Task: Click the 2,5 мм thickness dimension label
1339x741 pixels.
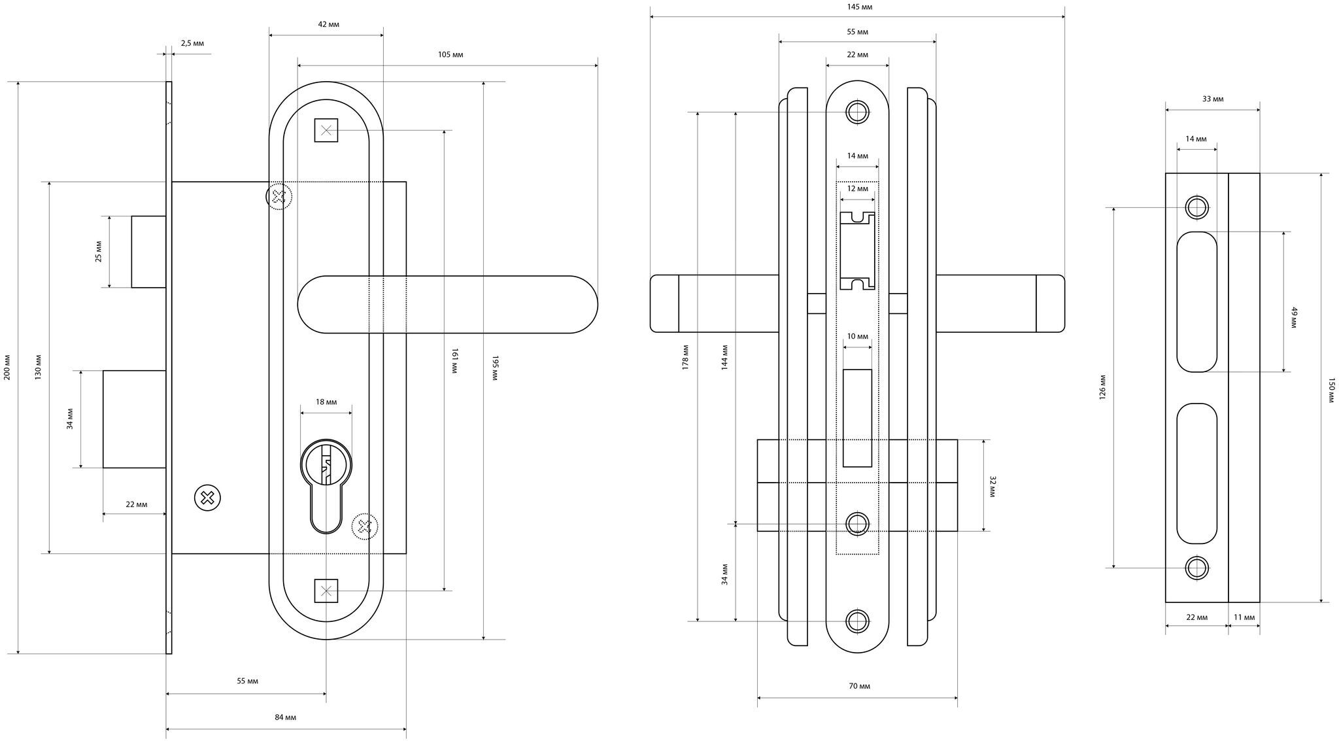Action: point(192,43)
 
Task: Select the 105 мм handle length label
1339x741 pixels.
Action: point(450,54)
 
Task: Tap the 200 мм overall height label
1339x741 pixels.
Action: point(7,367)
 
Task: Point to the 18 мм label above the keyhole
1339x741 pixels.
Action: point(326,402)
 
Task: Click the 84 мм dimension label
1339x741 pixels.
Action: point(286,717)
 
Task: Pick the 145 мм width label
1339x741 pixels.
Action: point(858,7)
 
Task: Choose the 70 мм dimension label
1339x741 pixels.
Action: point(859,686)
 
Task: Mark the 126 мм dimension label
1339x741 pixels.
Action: point(1103,387)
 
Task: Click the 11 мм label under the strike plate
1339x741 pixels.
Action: point(1244,617)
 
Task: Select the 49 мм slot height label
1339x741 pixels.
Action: point(1294,318)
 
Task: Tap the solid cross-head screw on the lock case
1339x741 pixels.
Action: point(208,499)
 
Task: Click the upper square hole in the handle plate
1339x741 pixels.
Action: point(326,130)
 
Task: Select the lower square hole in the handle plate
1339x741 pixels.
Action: point(326,591)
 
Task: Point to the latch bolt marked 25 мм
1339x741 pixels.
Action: point(148,251)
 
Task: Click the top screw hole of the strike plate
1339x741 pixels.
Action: point(1197,208)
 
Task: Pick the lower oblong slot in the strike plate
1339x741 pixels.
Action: point(1197,473)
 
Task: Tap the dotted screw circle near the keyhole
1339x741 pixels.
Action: point(365,526)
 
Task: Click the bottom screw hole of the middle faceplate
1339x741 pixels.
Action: point(857,621)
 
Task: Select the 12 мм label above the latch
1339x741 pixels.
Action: point(857,189)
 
